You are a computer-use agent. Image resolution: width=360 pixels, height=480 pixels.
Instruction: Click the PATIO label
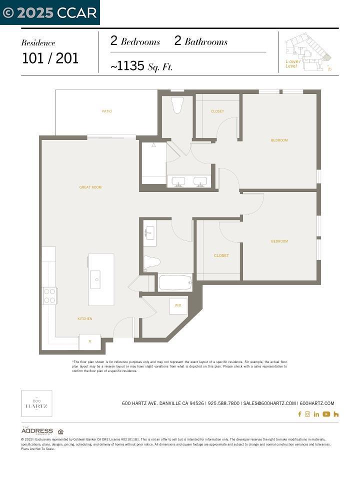coord(106,111)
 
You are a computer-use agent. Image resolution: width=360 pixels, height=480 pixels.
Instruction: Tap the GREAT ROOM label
coord(90,187)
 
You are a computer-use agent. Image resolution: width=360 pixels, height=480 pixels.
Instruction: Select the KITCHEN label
coord(84,318)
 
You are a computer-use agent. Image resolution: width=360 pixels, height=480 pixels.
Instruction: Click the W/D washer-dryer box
coord(178,305)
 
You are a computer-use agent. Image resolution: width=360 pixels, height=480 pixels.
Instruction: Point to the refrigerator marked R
coord(90,342)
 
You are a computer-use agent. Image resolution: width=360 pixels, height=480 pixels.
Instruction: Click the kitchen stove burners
coord(49,295)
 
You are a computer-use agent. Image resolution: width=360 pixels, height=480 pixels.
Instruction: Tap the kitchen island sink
coord(95,279)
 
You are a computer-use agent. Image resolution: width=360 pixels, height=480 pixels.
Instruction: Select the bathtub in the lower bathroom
coord(175,283)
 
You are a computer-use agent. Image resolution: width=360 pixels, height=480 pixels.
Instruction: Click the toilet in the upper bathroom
coord(177,104)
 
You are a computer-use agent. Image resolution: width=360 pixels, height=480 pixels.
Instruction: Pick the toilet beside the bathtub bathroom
coord(151,261)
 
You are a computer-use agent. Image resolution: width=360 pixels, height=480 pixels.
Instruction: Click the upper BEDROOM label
coord(279,140)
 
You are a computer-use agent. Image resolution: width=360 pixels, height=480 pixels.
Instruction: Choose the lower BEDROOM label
coord(279,241)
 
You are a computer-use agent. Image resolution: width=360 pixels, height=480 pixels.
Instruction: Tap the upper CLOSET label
coord(217,111)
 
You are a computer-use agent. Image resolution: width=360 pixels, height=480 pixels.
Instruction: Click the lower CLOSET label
coord(221,255)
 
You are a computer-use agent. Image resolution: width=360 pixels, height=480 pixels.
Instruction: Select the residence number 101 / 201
coord(50,58)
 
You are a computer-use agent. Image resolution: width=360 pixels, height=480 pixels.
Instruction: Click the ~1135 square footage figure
coord(127,66)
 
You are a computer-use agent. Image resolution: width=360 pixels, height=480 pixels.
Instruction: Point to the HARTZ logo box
coord(36,403)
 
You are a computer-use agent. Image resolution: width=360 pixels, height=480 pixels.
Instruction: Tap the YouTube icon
coord(326,414)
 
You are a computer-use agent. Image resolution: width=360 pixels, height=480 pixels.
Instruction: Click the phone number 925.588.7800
coord(223,403)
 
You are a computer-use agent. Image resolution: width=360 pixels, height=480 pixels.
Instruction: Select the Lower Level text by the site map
coord(292,63)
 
